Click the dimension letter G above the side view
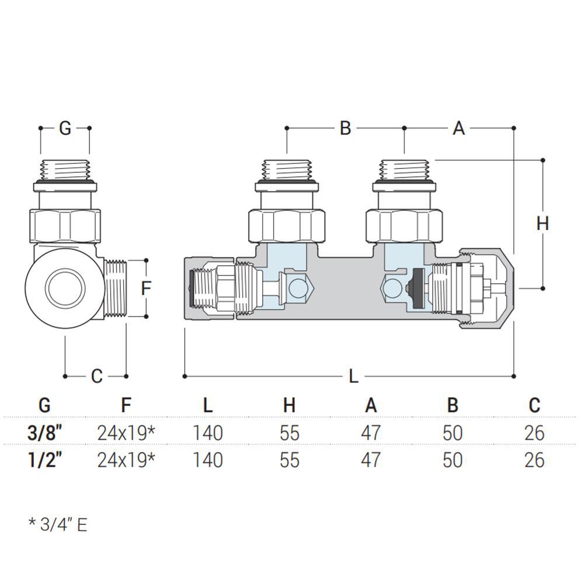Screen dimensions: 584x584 (x=65, y=128)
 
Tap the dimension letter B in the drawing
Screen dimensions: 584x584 (x=345, y=128)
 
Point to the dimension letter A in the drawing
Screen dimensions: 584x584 (x=459, y=128)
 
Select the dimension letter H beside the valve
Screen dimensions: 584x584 (x=543, y=224)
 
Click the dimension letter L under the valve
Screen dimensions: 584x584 (x=353, y=377)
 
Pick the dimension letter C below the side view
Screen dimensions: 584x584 (x=96, y=376)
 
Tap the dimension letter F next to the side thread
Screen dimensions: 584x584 (x=147, y=288)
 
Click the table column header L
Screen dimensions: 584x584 (x=208, y=405)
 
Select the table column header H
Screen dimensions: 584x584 (x=290, y=405)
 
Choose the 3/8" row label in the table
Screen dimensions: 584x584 (x=44, y=432)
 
